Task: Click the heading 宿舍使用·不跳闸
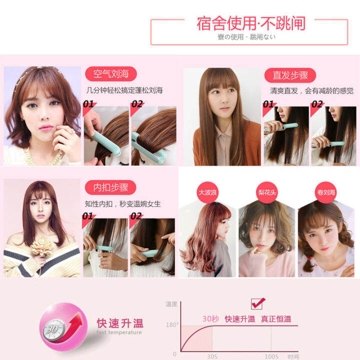tap(250, 23)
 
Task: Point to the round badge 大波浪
tap(204, 192)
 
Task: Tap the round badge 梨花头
tap(263, 192)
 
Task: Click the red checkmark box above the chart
tap(257, 303)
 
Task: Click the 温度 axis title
tap(172, 303)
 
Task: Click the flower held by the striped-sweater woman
tap(42, 247)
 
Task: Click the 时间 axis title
tap(293, 356)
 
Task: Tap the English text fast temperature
tap(119, 332)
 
